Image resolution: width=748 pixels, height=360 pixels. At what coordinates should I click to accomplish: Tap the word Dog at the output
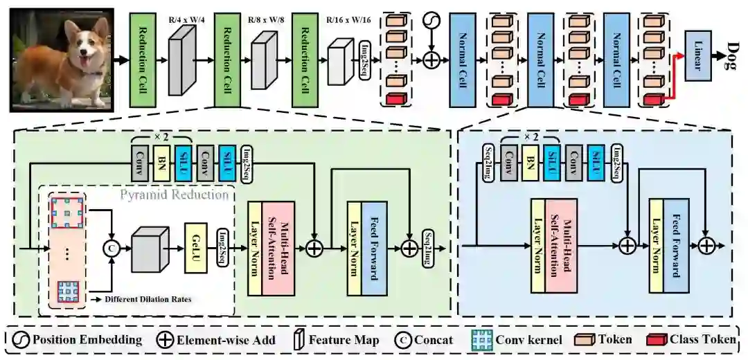tap(733, 55)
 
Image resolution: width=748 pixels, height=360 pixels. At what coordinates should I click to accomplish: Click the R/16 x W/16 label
tap(348, 20)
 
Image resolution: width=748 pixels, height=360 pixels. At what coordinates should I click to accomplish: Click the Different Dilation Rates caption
tap(145, 299)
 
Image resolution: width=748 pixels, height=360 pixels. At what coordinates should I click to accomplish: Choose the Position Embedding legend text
tap(87, 340)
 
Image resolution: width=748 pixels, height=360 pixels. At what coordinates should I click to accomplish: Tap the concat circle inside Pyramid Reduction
tap(110, 246)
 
